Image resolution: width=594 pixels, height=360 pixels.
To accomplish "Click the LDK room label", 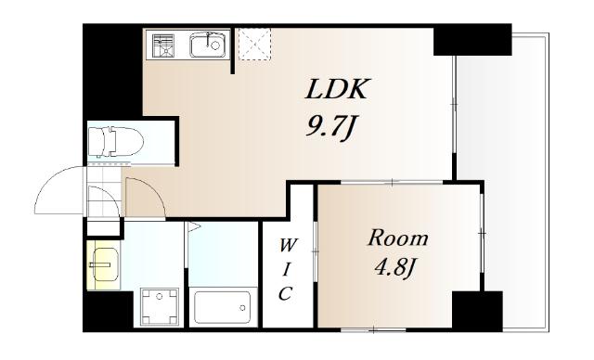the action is (x=336, y=89).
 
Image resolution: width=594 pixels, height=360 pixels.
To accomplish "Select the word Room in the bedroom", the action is (x=398, y=238).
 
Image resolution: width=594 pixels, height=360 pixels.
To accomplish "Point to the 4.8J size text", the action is (x=395, y=268).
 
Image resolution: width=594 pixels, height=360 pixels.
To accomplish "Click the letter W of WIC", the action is (x=287, y=246).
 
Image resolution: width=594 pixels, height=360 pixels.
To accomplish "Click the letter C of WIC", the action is (x=286, y=293).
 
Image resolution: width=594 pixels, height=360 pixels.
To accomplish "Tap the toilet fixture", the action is (x=116, y=142).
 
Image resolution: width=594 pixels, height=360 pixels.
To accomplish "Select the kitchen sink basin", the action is (x=208, y=45).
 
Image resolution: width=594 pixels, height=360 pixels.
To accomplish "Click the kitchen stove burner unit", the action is (x=163, y=45).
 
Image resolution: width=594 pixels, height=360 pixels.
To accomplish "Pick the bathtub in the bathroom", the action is (x=221, y=306).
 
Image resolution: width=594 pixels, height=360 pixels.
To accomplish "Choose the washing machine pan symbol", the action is (x=160, y=306).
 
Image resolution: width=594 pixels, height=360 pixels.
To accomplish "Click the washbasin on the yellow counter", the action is (x=105, y=264).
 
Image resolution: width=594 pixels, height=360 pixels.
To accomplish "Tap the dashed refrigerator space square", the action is (x=254, y=45).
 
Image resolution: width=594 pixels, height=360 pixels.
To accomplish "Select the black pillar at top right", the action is (x=472, y=39).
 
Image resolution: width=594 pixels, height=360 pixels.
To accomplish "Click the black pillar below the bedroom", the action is (x=477, y=311).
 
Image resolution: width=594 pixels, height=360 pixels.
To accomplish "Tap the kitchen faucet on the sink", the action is (x=210, y=39).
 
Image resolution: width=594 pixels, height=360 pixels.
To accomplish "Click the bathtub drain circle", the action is (x=242, y=308).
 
